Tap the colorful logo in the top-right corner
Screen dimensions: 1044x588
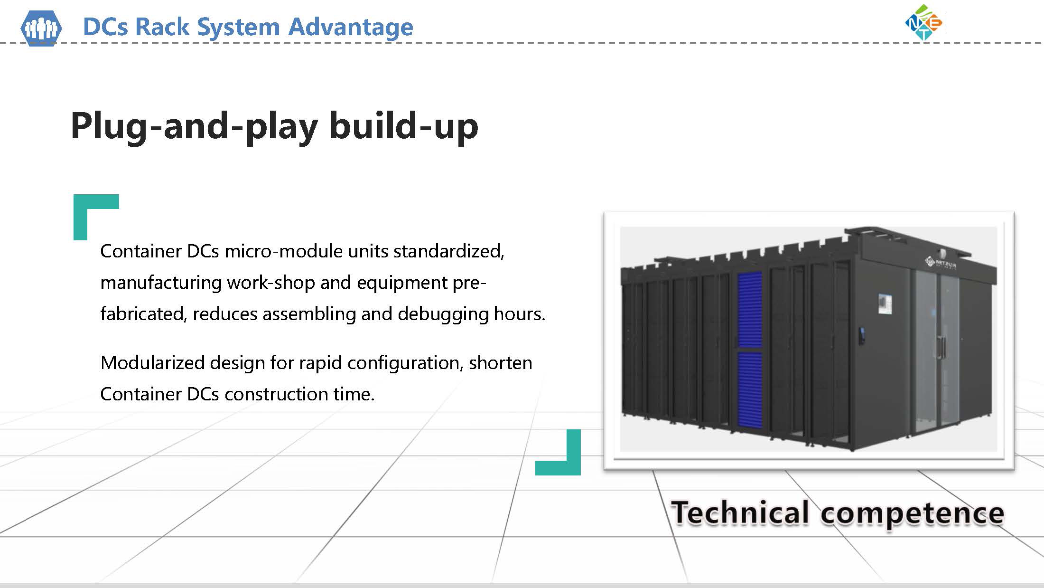coord(924,22)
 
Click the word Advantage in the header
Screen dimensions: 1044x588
coord(351,27)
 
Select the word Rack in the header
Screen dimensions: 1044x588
coord(162,27)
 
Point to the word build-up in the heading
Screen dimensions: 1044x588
coord(403,126)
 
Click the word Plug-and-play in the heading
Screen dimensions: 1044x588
coord(194,126)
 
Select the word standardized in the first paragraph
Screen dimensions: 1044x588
coord(448,251)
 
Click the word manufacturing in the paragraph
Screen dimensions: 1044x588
coord(161,283)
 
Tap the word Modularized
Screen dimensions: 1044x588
coord(152,363)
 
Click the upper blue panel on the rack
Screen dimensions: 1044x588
coord(750,309)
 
